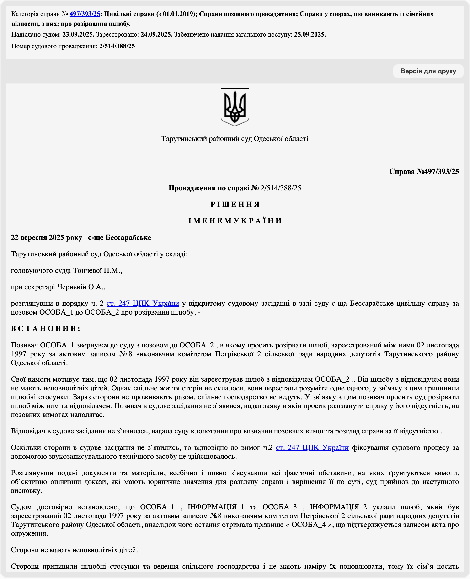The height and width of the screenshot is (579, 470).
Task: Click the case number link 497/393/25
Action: point(85,14)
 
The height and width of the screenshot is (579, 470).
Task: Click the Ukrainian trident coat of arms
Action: point(235,107)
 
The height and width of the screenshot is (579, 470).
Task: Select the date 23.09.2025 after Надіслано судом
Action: point(78,35)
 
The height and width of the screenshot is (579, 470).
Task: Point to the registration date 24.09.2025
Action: point(156,35)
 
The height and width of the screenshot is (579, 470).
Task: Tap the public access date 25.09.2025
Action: point(310,35)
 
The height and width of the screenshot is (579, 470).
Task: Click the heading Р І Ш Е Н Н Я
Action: point(235,205)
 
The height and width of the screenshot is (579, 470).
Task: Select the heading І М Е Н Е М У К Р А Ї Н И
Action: point(235,221)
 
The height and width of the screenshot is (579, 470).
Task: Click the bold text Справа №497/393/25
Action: point(424,172)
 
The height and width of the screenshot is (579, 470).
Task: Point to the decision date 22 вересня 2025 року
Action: point(46,237)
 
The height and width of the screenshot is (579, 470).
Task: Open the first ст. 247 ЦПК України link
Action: point(143,303)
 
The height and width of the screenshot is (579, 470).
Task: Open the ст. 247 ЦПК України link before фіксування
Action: point(312,447)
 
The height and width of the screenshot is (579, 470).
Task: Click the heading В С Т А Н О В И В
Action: point(45,328)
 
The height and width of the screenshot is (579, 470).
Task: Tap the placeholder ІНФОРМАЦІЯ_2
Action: point(338,507)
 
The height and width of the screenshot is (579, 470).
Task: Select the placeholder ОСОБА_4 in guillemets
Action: point(308,525)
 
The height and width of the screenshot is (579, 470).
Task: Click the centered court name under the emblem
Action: point(235,139)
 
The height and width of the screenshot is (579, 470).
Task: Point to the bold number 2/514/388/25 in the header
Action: point(117,46)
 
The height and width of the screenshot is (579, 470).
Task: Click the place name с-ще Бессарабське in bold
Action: point(119,237)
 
